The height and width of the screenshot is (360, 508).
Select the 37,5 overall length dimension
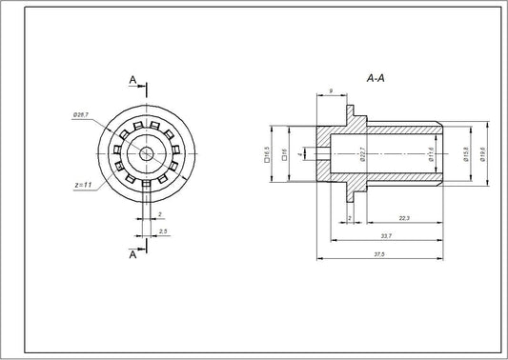[378, 253]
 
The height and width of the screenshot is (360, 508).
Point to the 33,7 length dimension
[384, 236]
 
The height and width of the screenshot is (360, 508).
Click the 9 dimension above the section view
[330, 90]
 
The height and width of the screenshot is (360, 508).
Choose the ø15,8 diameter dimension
[465, 153]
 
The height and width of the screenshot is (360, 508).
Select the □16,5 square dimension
[268, 153]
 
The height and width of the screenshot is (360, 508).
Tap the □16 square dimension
[285, 153]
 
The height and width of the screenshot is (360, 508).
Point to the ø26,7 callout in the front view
[81, 115]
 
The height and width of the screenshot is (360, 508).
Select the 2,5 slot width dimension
[164, 231]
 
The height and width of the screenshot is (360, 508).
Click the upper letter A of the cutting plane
[132, 80]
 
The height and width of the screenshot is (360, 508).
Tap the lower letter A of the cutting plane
[132, 253]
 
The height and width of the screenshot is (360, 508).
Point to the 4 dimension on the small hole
[300, 153]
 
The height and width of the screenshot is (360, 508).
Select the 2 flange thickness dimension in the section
[351, 219]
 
